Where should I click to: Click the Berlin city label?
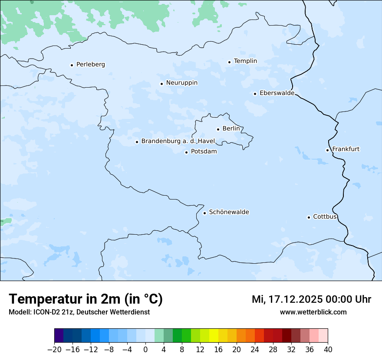tap(231, 129)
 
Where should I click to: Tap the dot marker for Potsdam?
tap(186, 152)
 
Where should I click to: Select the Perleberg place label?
tap(90, 65)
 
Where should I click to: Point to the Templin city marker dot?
tap(229, 62)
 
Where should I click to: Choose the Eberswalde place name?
tap(277, 93)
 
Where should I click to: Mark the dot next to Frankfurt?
tap(327, 150)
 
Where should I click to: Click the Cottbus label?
tap(325, 217)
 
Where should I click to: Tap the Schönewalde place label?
tap(229, 212)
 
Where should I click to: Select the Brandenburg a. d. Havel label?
tap(178, 141)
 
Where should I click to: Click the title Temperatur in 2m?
tap(86, 299)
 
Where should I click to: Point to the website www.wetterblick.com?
tap(313, 312)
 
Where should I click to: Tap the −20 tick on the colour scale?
tap(55, 350)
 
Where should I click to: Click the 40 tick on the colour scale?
tap(328, 350)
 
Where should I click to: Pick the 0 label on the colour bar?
tap(145, 350)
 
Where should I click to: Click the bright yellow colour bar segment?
tap(214, 336)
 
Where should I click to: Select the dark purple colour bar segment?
tap(59, 336)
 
